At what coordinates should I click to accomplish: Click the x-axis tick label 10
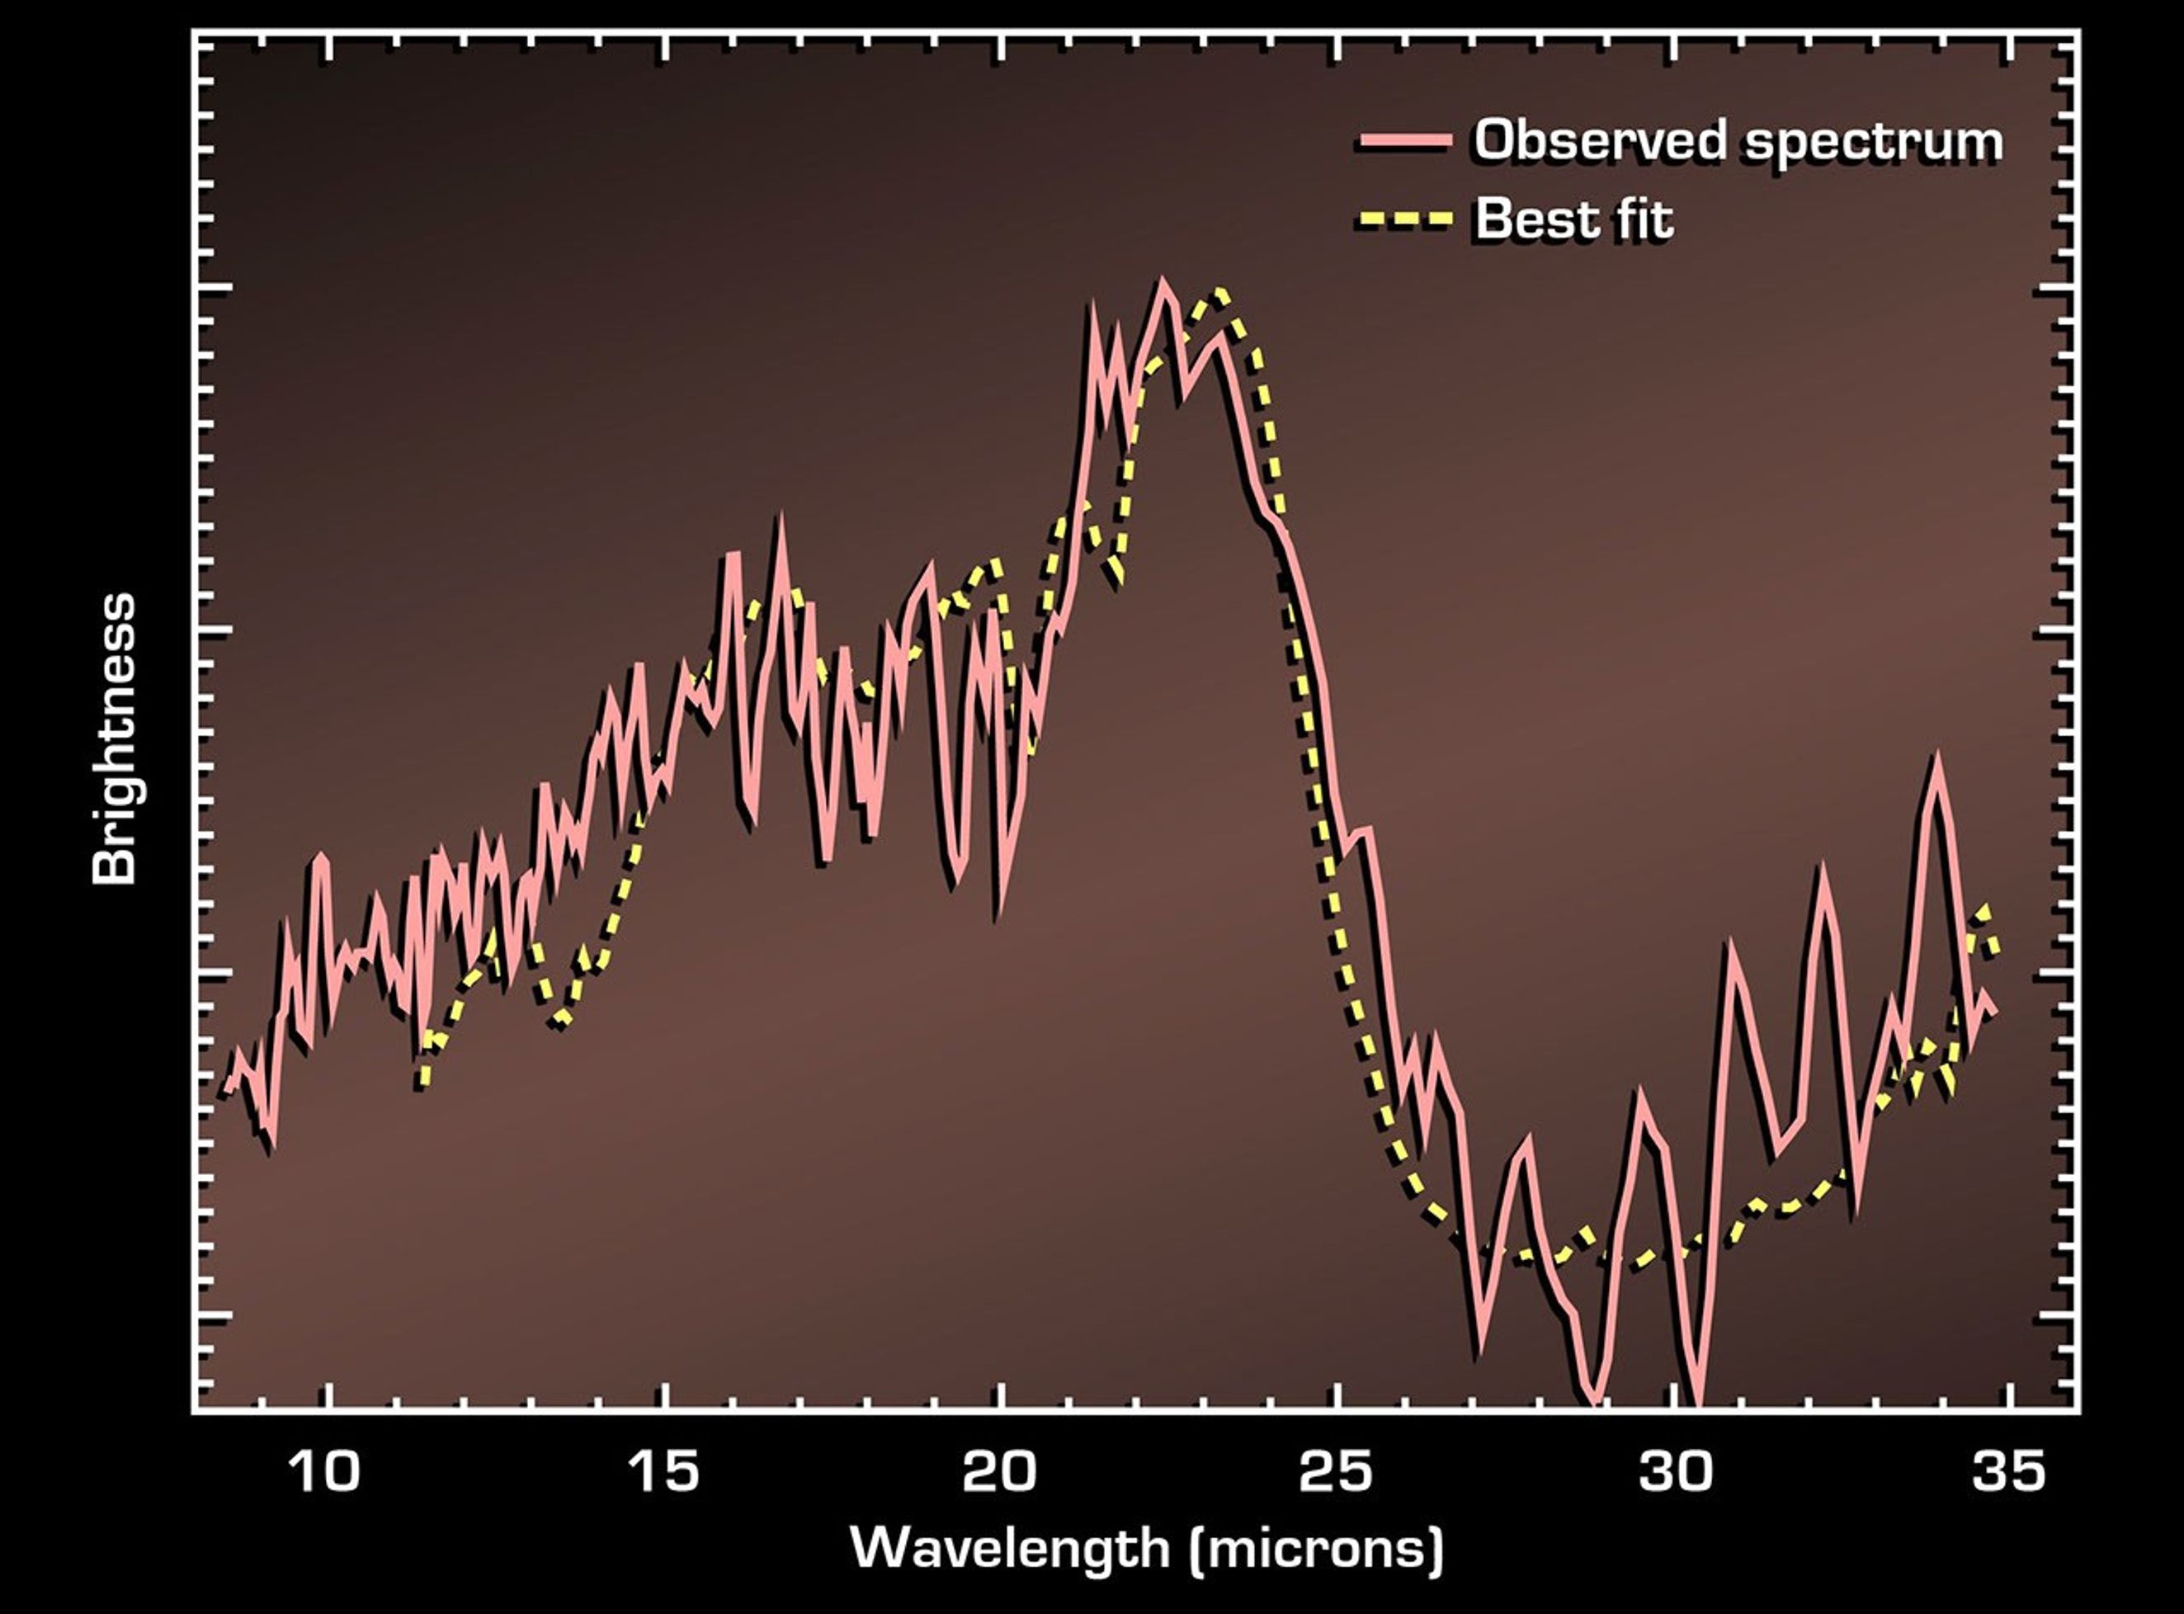[325, 1470]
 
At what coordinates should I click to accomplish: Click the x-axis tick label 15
[664, 1470]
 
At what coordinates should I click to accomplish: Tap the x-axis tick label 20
[999, 1470]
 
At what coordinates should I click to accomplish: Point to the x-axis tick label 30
[1675, 1470]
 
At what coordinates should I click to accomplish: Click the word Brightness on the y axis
[115, 739]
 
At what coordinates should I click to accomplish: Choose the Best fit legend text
[1573, 218]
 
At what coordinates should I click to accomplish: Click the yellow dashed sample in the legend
[1407, 218]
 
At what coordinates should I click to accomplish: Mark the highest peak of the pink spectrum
[1163, 282]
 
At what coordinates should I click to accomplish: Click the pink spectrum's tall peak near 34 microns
[1935, 758]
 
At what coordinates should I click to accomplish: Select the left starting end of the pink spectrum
[227, 1090]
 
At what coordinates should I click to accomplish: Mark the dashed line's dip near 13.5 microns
[559, 1021]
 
